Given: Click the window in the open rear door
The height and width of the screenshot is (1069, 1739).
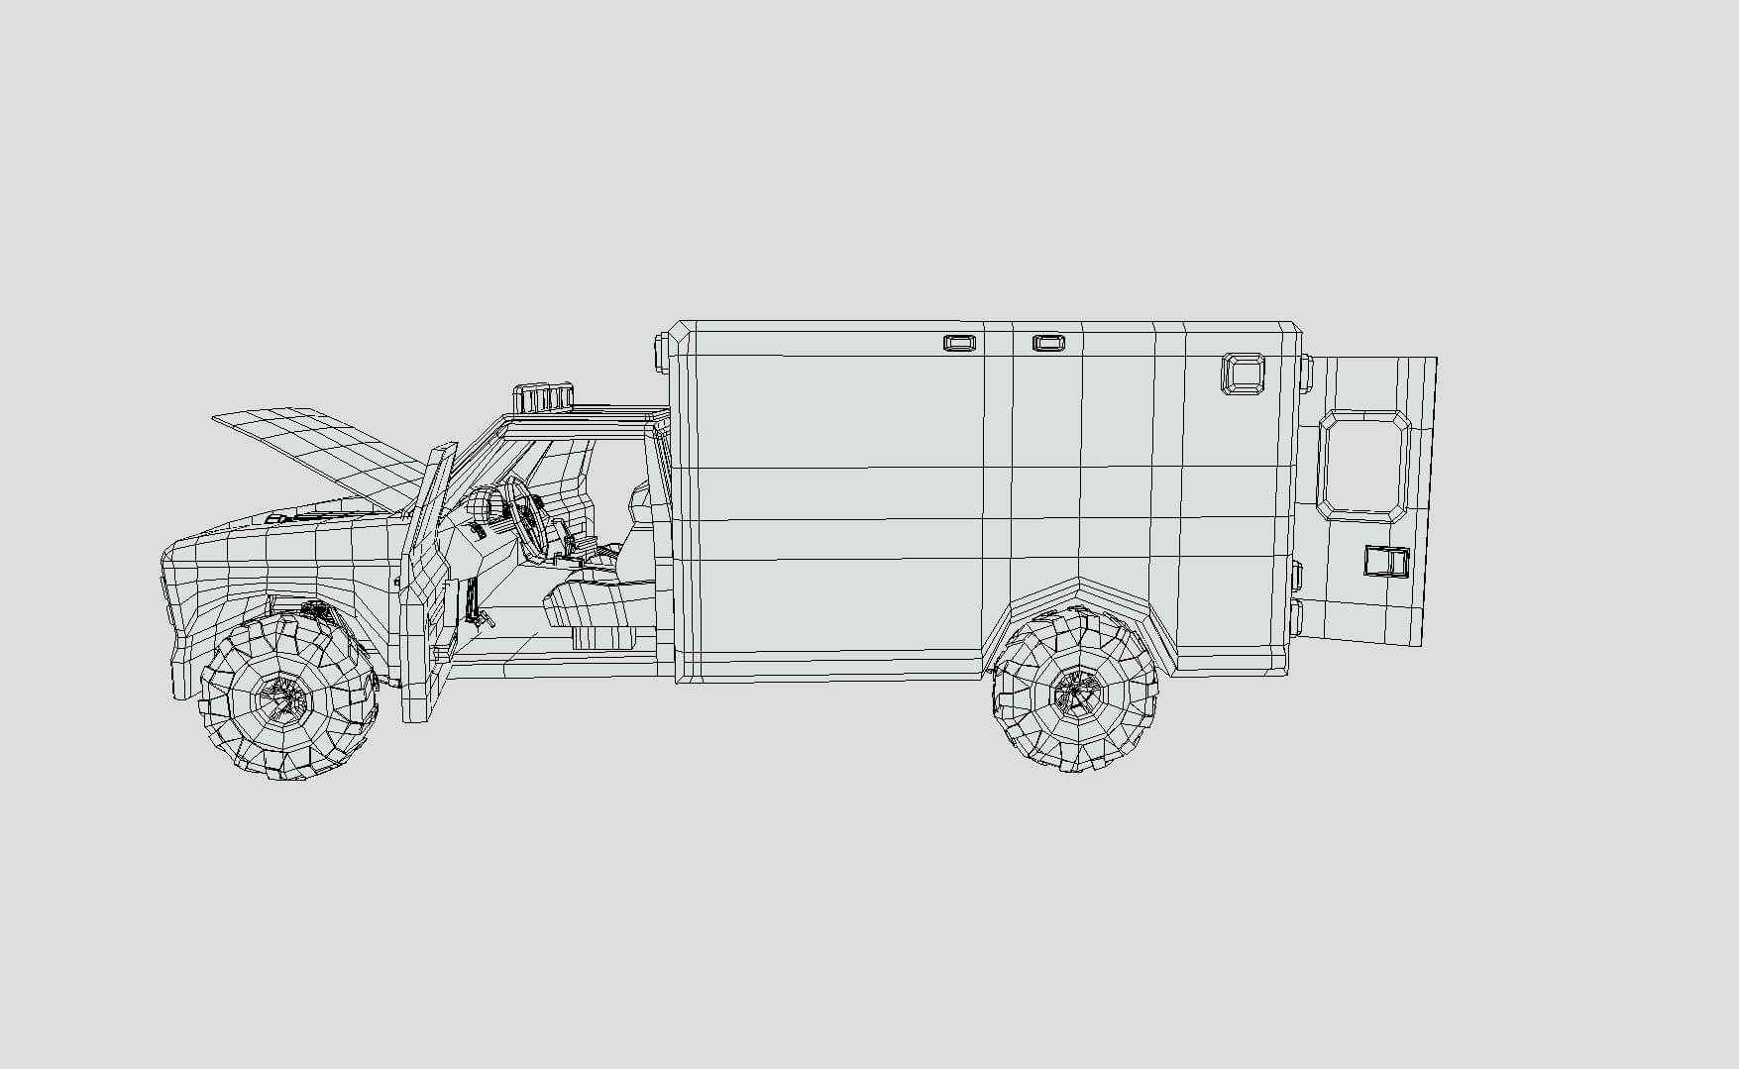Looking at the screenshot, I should (x=1363, y=466).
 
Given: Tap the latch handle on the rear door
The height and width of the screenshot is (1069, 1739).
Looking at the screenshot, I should (x=1385, y=562).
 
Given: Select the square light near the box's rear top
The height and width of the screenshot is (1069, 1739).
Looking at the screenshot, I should (x=1244, y=374).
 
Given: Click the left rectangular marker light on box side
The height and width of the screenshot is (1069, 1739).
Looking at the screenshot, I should (x=958, y=343).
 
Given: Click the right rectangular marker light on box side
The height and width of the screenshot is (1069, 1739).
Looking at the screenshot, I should (x=1048, y=343).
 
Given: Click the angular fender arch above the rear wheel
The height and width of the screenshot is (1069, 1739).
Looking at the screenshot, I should (x=1080, y=594).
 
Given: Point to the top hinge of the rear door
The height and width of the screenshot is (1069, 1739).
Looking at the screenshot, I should (x=1306, y=374).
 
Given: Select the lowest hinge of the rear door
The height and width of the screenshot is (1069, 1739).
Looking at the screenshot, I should (x=1296, y=615).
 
